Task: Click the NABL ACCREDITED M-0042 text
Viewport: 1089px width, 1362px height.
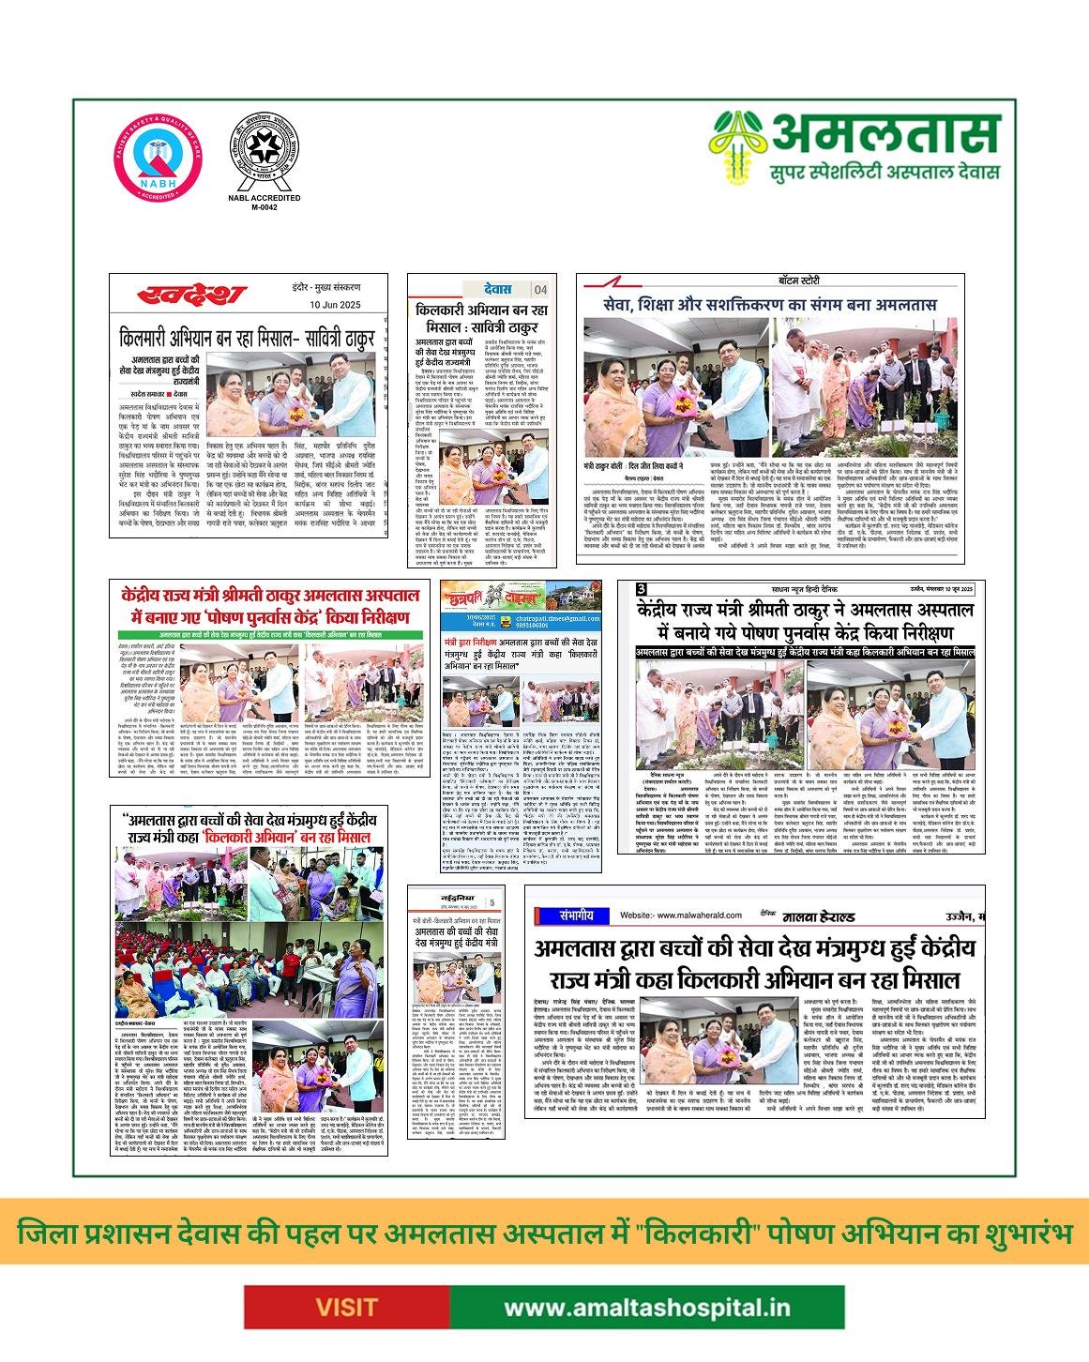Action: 265,203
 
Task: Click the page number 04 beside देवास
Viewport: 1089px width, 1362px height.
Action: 540,289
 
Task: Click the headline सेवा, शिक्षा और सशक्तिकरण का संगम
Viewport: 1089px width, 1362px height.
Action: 769,305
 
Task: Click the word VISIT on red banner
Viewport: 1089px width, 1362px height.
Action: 346,1307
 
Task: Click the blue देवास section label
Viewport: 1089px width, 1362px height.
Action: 491,289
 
